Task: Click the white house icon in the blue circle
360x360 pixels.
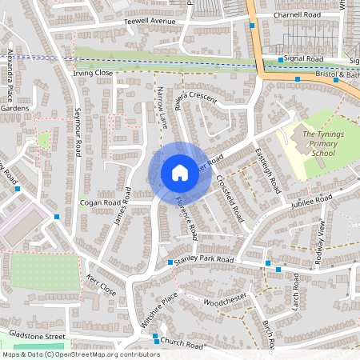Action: click(x=179, y=172)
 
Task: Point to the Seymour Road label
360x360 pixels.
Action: click(x=78, y=132)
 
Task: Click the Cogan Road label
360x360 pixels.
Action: click(x=100, y=203)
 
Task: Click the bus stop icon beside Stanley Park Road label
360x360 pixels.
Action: click(x=170, y=262)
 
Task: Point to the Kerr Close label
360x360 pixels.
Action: click(x=101, y=287)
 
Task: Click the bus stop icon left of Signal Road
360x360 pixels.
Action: click(x=280, y=59)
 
